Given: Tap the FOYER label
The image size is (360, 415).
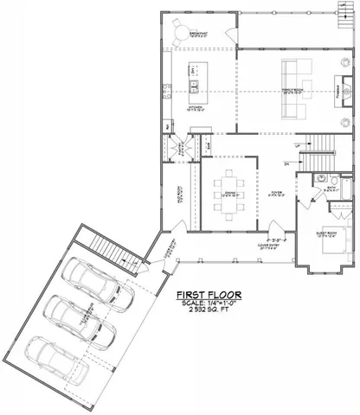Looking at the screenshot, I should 276,194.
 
